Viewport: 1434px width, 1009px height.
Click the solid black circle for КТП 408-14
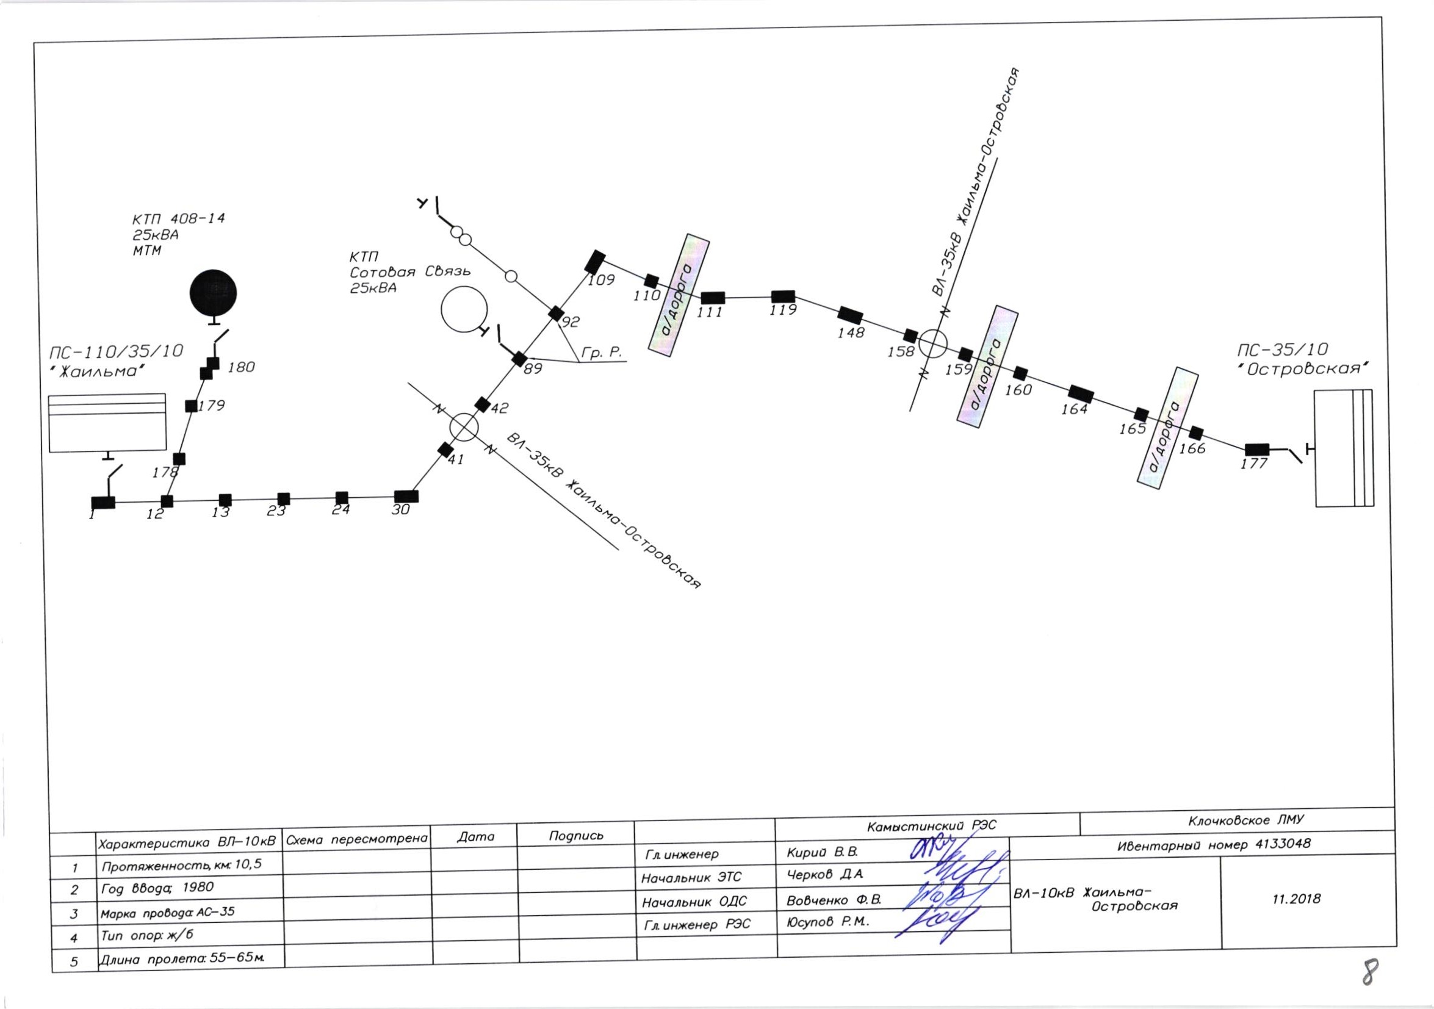coord(213,293)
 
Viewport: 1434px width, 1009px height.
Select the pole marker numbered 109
coord(595,261)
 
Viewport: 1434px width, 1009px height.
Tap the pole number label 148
coord(851,333)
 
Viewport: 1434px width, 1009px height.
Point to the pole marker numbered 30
coord(406,497)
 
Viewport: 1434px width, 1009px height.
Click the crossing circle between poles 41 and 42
coord(464,427)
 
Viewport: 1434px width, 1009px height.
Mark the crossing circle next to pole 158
coord(932,343)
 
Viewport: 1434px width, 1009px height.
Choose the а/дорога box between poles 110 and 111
coord(679,295)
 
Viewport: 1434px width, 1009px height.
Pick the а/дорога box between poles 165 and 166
coord(1167,428)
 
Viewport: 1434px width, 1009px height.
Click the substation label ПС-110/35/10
coord(116,351)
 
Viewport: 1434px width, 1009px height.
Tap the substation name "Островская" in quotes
coord(1303,368)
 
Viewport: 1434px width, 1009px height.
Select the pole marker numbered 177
coord(1256,449)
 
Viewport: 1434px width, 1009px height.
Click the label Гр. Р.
coord(602,353)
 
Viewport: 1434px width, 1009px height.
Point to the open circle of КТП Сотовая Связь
coord(464,309)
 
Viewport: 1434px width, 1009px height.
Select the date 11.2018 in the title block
coord(1296,899)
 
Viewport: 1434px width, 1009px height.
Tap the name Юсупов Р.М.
coord(827,922)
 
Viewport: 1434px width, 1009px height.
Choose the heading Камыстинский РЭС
coord(931,826)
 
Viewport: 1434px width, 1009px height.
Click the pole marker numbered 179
coord(192,406)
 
